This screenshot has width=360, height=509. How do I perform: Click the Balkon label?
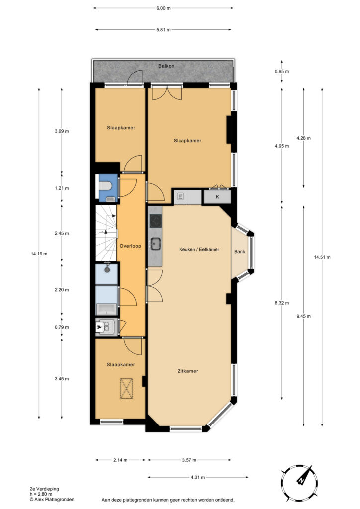(166, 66)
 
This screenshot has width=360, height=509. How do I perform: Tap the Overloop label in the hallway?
(130, 246)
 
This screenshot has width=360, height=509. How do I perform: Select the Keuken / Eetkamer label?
(199, 250)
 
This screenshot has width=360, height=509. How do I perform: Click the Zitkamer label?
(187, 371)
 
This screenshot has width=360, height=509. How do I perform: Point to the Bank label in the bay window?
(240, 251)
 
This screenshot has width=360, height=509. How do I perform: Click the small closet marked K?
(217, 197)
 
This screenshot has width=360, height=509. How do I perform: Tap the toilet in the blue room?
(105, 186)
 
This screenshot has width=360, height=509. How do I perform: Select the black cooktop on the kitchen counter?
(156, 221)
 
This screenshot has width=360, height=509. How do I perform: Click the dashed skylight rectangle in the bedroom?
(127, 388)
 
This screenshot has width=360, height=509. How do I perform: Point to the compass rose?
(298, 481)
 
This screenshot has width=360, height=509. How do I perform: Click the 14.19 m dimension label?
(39, 254)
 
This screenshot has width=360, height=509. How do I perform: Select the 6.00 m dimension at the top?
(163, 8)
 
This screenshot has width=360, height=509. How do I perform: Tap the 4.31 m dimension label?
(198, 477)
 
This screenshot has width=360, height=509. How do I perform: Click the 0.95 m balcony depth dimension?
(282, 71)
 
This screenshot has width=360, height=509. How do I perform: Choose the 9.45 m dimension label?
(303, 316)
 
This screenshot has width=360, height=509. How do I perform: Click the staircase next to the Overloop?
(106, 233)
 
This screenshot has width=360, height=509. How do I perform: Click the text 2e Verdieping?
(44, 489)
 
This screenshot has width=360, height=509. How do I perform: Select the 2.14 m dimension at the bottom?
(120, 460)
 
